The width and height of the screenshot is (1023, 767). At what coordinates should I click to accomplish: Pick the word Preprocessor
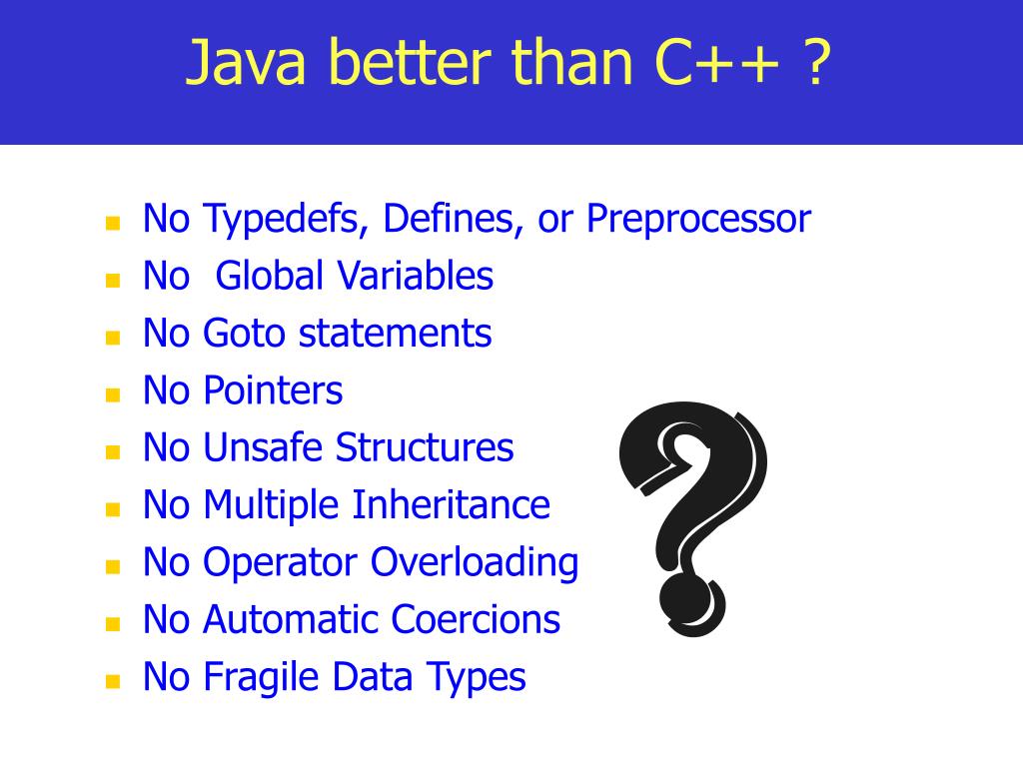click(x=698, y=219)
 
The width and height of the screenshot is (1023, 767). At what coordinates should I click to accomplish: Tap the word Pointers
click(x=273, y=390)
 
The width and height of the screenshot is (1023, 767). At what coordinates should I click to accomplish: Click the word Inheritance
click(x=451, y=504)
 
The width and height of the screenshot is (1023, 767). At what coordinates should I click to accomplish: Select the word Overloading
click(x=475, y=562)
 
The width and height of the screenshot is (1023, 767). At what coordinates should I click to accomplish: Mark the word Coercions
click(x=476, y=619)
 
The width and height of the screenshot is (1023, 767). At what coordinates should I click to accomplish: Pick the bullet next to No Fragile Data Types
click(x=113, y=681)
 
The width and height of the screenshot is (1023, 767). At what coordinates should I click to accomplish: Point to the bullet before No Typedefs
click(x=113, y=223)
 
